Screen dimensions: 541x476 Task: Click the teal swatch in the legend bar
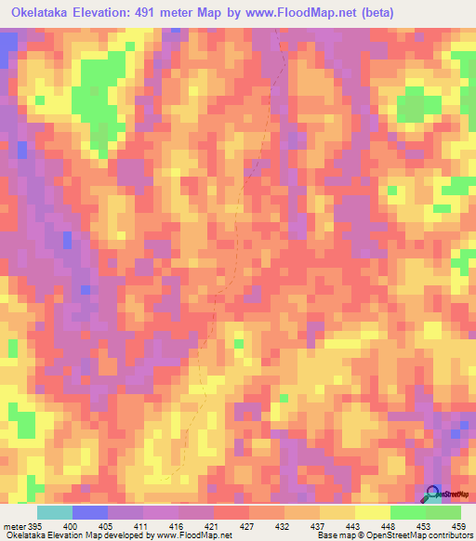pyautogui.click(x=54, y=512)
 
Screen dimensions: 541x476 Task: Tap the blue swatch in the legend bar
pyautogui.click(x=90, y=512)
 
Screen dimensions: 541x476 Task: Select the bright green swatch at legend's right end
pyautogui.click(x=443, y=512)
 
